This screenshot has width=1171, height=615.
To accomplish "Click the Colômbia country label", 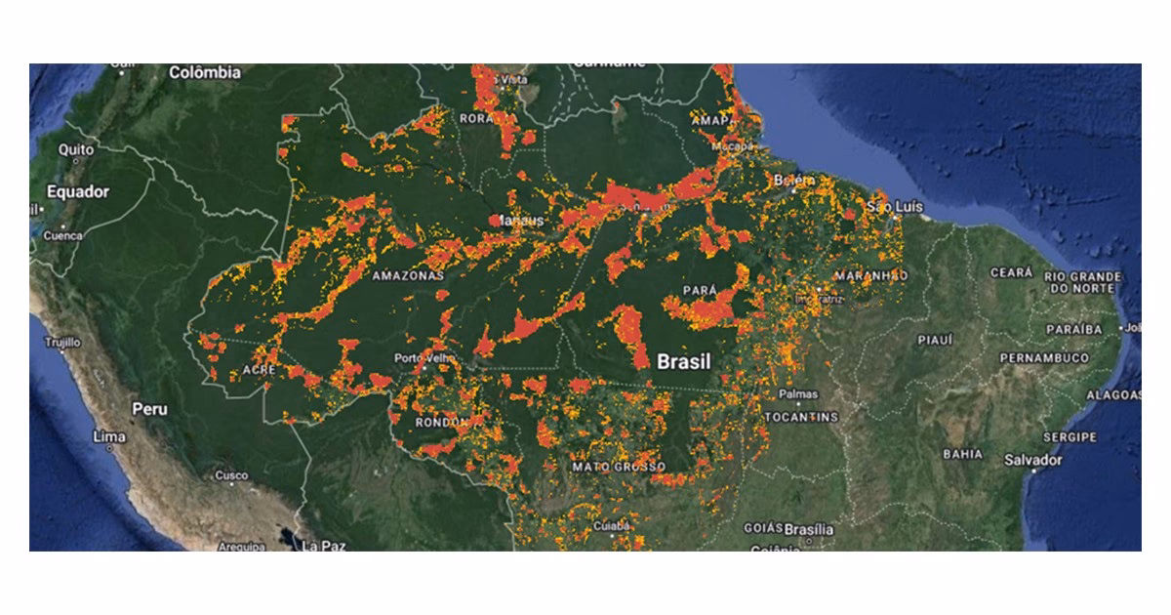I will pos(205,73).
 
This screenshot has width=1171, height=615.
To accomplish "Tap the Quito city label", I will pos(76,149).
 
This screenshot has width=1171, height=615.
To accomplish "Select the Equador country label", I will pos(78,192).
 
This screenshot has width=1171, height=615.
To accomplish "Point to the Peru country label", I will pos(150,409).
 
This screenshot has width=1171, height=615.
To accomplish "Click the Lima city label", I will pos(108,436).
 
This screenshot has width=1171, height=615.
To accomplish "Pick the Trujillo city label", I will pos(60,343).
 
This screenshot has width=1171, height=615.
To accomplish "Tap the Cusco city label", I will pos(231,475).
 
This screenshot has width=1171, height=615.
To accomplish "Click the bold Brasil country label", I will pos(684,362).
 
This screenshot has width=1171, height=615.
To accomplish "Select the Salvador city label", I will pos(1033,459).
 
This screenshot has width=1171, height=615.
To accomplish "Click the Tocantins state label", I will pos(803,417).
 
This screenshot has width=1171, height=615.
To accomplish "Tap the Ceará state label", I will pos(1012,272).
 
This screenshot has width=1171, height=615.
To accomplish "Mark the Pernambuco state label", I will pos(1044,358).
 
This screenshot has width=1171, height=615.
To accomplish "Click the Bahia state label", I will pos(962,454).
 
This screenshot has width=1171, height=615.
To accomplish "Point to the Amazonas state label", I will pos(408,276).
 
